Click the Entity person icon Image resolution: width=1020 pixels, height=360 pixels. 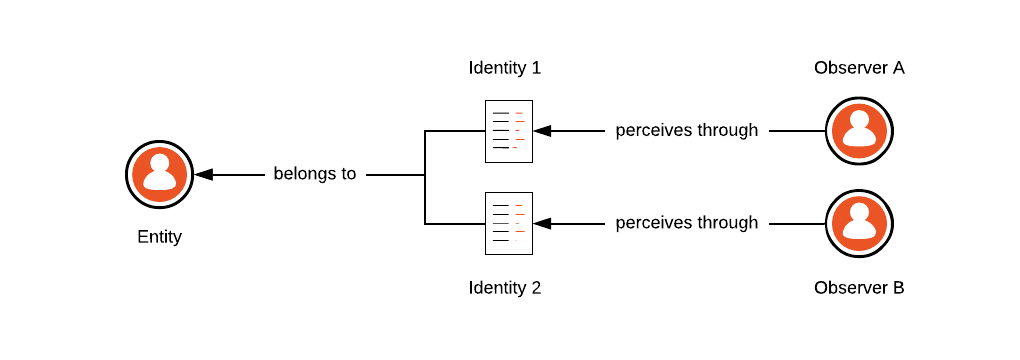tap(159, 175)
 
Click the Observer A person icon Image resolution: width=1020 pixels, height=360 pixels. tap(859, 131)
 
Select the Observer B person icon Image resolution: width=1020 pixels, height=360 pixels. tap(859, 223)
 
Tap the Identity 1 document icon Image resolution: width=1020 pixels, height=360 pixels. tap(509, 131)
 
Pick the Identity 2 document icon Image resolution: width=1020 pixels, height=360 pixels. tap(509, 223)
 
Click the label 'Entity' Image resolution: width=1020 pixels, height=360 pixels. tap(159, 237)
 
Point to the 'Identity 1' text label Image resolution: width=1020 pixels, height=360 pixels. tap(505, 68)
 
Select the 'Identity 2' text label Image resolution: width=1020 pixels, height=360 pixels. tap(505, 288)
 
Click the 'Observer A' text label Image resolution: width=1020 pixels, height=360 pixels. tap(859, 68)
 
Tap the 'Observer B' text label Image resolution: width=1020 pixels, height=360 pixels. tap(859, 288)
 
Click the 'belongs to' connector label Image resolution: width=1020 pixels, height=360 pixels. tap(315, 174)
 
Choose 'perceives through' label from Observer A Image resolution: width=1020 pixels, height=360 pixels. tap(687, 130)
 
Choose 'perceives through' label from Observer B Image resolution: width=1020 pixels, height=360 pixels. tap(687, 222)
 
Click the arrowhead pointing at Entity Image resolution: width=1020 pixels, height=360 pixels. tap(204, 175)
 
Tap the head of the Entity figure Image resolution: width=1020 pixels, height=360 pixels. tap(159, 164)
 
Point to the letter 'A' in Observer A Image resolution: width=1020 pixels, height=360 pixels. tap(897, 68)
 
